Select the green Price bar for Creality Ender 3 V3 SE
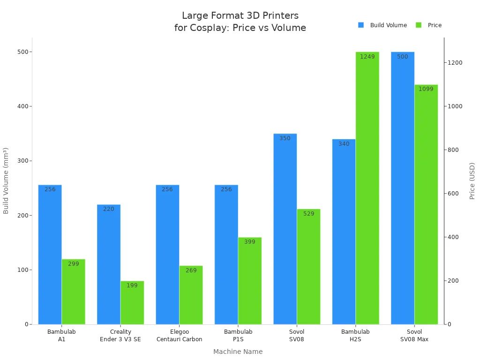click(132, 303)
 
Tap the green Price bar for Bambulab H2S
click(367, 188)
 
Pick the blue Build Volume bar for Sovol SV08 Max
click(403, 188)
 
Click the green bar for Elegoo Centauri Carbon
click(191, 295)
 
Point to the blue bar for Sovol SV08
click(285, 229)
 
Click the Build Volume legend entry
click(382, 25)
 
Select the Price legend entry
click(429, 25)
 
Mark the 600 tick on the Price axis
click(453, 194)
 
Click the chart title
click(240, 22)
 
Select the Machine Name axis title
click(238, 352)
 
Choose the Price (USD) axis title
click(472, 181)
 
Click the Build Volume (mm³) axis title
click(6, 181)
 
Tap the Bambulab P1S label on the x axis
click(238, 336)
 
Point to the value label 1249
click(367, 57)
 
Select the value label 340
click(344, 144)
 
